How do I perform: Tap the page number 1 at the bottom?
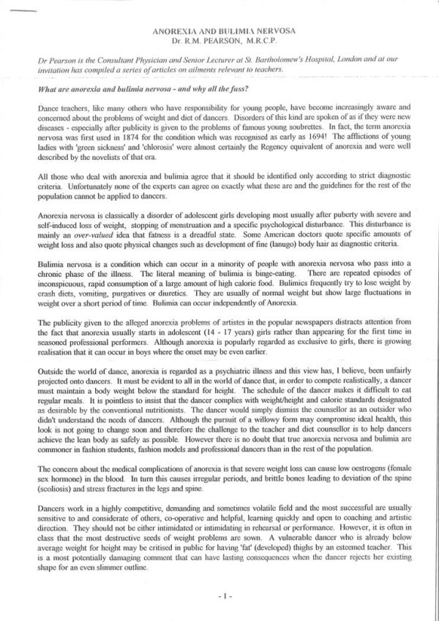(220, 598)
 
